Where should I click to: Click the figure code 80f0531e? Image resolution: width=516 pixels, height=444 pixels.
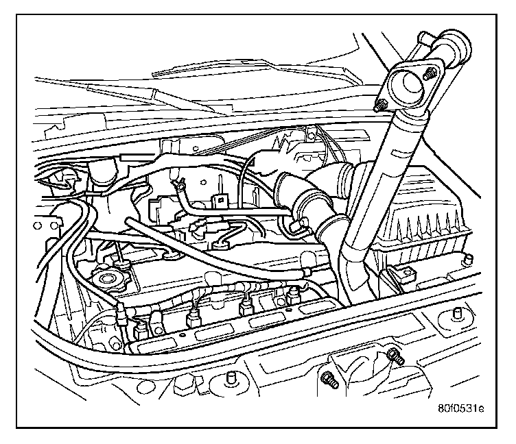tap(460, 409)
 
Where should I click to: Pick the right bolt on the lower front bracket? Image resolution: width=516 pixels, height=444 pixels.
tap(394, 355)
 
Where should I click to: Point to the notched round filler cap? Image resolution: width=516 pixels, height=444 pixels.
tap(107, 279)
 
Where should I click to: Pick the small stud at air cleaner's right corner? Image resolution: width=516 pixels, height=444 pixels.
tap(468, 258)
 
